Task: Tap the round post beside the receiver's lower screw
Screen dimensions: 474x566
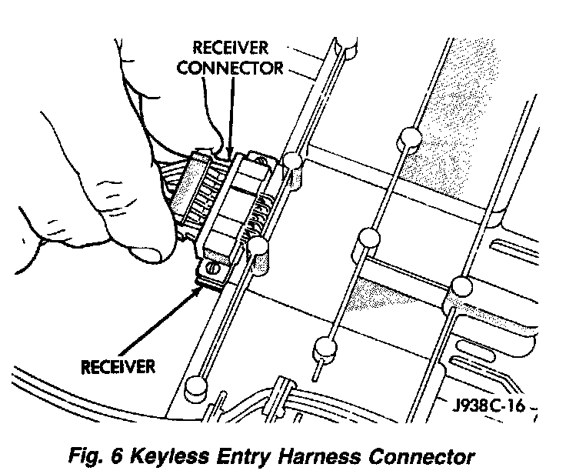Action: tap(258, 249)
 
